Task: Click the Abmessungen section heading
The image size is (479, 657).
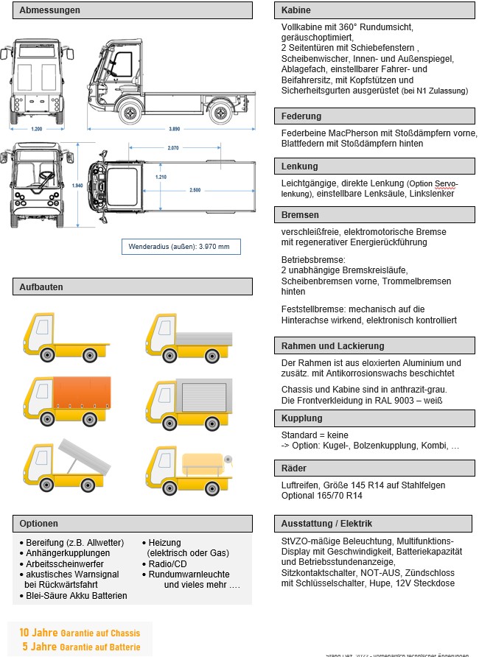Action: tap(50, 10)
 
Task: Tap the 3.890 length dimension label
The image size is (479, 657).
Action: tap(174, 128)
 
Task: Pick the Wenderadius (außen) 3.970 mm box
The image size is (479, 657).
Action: tap(181, 246)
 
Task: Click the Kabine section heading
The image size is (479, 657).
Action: tap(296, 10)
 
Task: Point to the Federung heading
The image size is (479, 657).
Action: tap(301, 116)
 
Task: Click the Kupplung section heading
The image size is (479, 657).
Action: tap(302, 418)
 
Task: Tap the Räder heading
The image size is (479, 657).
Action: tap(294, 468)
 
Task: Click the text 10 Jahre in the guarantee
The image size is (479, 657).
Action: tap(34, 633)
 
